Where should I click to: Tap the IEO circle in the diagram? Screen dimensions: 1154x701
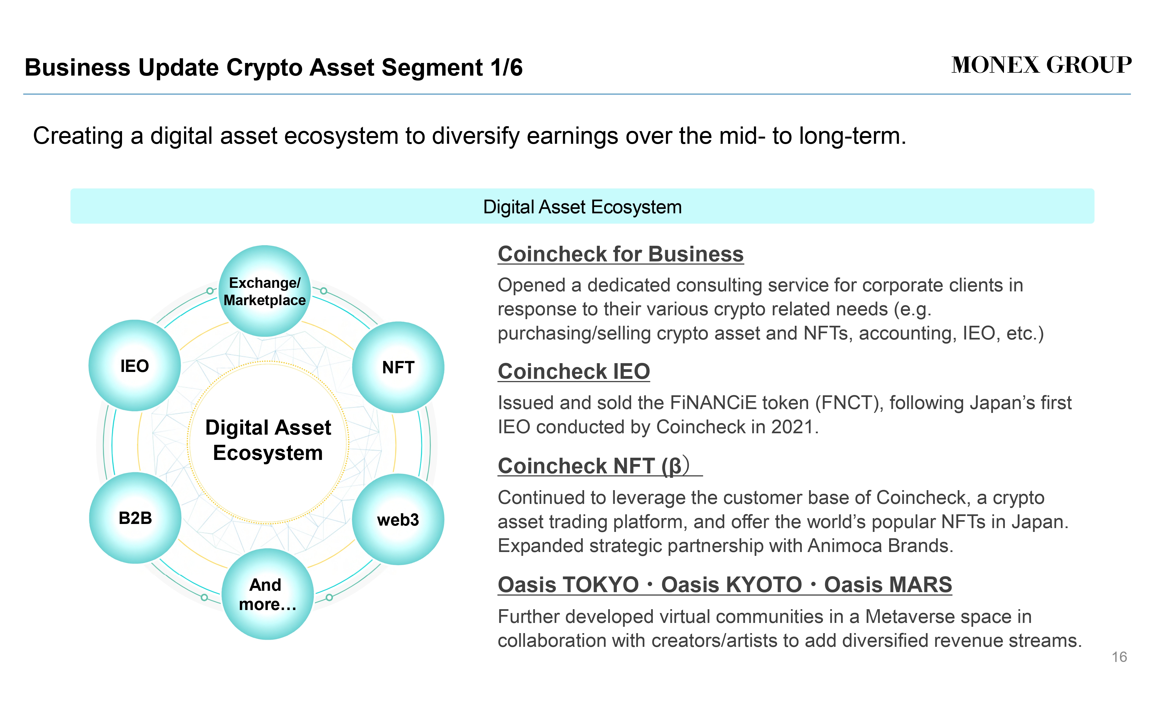[x=134, y=366]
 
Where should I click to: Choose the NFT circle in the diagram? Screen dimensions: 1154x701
[x=398, y=367]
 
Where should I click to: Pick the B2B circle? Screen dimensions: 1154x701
[x=135, y=518]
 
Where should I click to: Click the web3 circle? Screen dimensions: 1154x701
[x=398, y=519]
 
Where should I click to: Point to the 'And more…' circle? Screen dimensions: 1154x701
[x=267, y=594]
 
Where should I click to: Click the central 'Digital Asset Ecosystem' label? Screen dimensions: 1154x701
[x=268, y=440]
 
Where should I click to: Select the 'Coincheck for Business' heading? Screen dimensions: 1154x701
[x=621, y=254]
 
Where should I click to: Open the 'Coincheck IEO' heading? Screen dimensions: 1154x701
[x=574, y=372]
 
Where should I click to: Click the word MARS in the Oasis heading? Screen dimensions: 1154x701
[x=888, y=584]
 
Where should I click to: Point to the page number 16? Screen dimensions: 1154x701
[x=1119, y=657]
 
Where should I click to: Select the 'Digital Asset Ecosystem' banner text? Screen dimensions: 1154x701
[x=582, y=207]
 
